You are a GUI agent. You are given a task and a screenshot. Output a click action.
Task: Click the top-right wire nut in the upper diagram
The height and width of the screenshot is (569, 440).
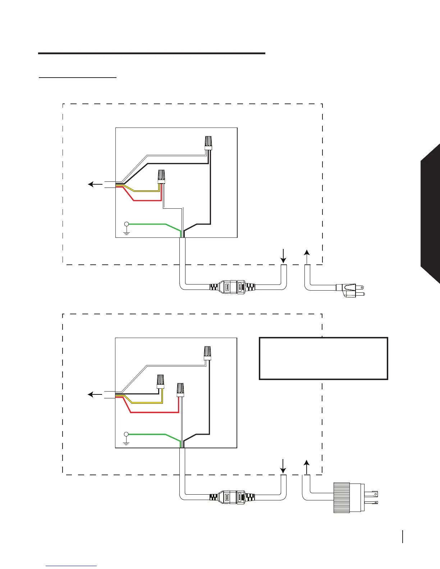(208, 143)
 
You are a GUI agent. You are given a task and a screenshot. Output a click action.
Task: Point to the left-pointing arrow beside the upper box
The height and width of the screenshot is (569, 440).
(95, 184)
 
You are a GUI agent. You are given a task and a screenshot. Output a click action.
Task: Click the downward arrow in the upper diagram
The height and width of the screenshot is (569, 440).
(283, 256)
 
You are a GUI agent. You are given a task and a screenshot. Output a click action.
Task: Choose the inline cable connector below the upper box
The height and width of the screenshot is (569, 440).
(233, 287)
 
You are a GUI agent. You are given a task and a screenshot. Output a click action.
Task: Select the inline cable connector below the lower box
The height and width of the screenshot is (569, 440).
(233, 498)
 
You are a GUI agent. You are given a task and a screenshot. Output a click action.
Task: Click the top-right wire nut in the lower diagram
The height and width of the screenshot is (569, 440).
(207, 353)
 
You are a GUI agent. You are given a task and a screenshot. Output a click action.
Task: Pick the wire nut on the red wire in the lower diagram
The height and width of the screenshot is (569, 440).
(180, 390)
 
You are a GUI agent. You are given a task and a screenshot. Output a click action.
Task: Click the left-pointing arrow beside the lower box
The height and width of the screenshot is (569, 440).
(95, 395)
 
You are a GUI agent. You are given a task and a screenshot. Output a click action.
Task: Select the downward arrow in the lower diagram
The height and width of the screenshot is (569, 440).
(283, 466)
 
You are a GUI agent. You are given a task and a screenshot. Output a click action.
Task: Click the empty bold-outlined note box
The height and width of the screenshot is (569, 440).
(324, 358)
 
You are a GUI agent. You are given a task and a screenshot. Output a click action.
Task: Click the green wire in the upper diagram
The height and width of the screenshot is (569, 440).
(151, 224)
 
